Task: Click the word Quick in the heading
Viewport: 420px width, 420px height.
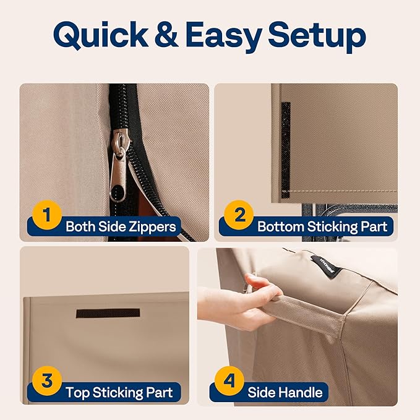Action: click(101, 35)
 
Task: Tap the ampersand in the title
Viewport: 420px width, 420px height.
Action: click(166, 35)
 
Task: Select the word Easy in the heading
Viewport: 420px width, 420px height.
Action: click(223, 36)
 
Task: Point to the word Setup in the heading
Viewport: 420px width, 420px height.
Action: click(317, 36)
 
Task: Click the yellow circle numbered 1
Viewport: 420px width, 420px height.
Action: click(47, 215)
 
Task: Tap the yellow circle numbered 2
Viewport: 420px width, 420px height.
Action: click(239, 215)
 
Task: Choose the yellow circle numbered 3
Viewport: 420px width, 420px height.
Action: click(47, 380)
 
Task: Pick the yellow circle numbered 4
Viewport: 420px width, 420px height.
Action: click(229, 380)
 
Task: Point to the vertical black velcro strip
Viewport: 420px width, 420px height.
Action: click(286, 150)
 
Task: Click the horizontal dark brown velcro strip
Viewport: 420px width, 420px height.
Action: click(108, 313)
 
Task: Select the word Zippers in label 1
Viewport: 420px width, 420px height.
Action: click(152, 227)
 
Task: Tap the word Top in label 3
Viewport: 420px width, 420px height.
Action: click(77, 393)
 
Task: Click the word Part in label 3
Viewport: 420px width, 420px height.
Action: click(159, 392)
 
